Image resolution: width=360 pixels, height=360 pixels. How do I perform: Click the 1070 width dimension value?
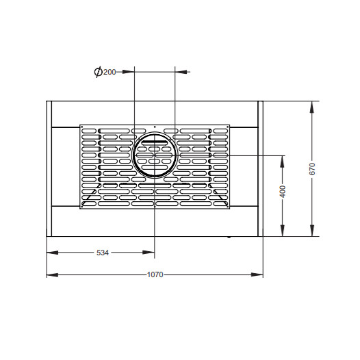pos(155,274)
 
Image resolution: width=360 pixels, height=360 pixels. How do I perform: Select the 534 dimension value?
pos(103,253)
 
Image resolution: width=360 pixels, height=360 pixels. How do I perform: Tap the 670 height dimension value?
pos(312,169)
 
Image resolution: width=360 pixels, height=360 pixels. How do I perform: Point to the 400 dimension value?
pos(283,191)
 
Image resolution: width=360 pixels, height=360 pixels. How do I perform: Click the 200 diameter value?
pos(110,72)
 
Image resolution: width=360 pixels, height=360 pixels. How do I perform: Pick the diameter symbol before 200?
pos(99,72)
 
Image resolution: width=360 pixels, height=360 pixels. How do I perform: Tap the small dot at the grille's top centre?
pos(155,127)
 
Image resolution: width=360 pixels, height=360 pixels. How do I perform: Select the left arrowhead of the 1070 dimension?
pos(52,275)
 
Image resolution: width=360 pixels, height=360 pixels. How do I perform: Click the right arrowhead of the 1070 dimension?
pos(257,275)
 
